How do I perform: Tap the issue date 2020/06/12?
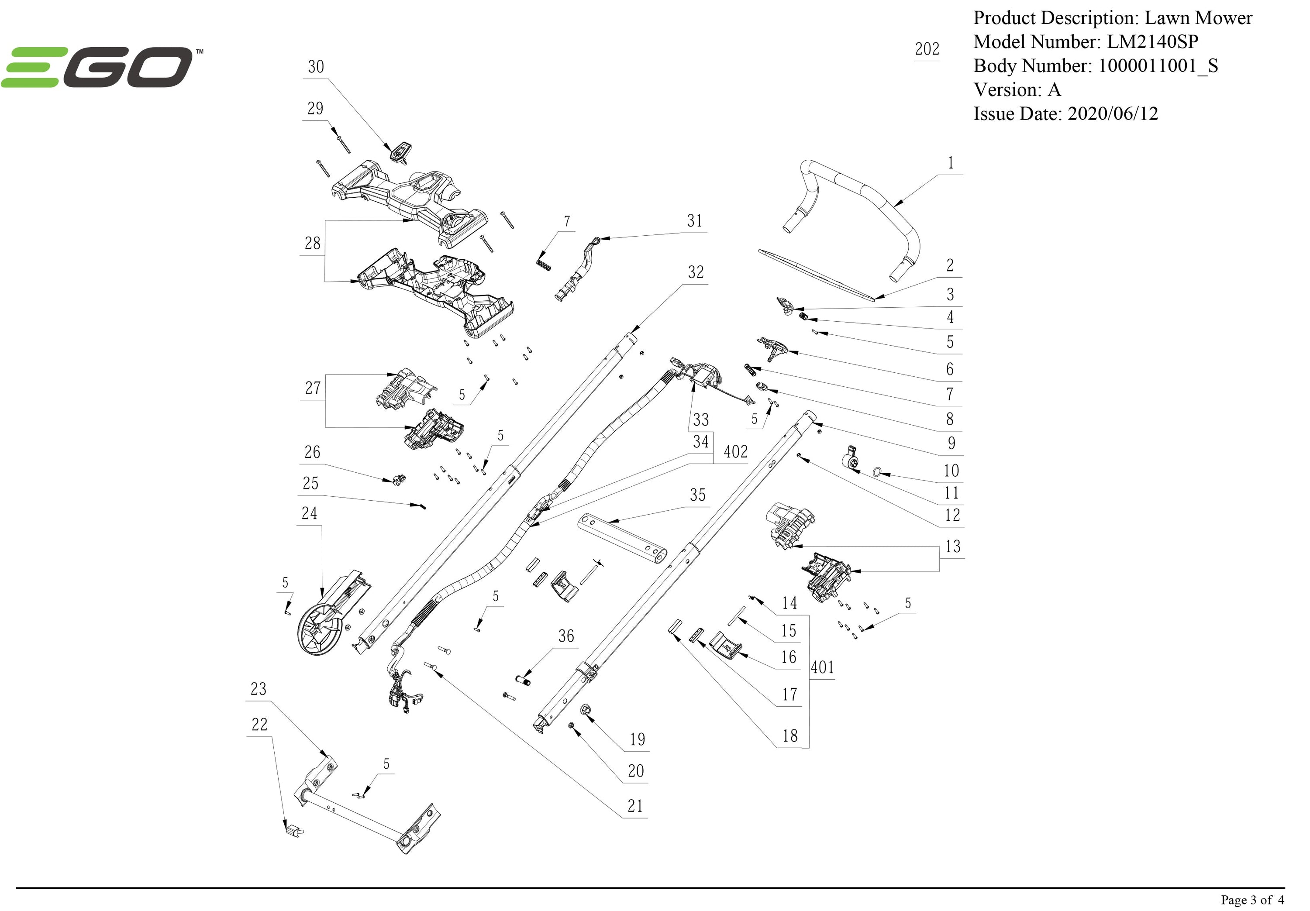(x=1113, y=113)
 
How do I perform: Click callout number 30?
(x=316, y=67)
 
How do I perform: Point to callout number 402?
(x=735, y=452)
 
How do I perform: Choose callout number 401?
(x=822, y=667)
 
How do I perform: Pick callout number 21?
(x=635, y=806)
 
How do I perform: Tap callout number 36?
(x=566, y=636)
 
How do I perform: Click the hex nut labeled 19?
(x=585, y=710)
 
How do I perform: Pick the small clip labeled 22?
(x=292, y=830)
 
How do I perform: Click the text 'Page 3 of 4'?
(x=1252, y=900)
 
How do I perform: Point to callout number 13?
(x=952, y=547)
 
